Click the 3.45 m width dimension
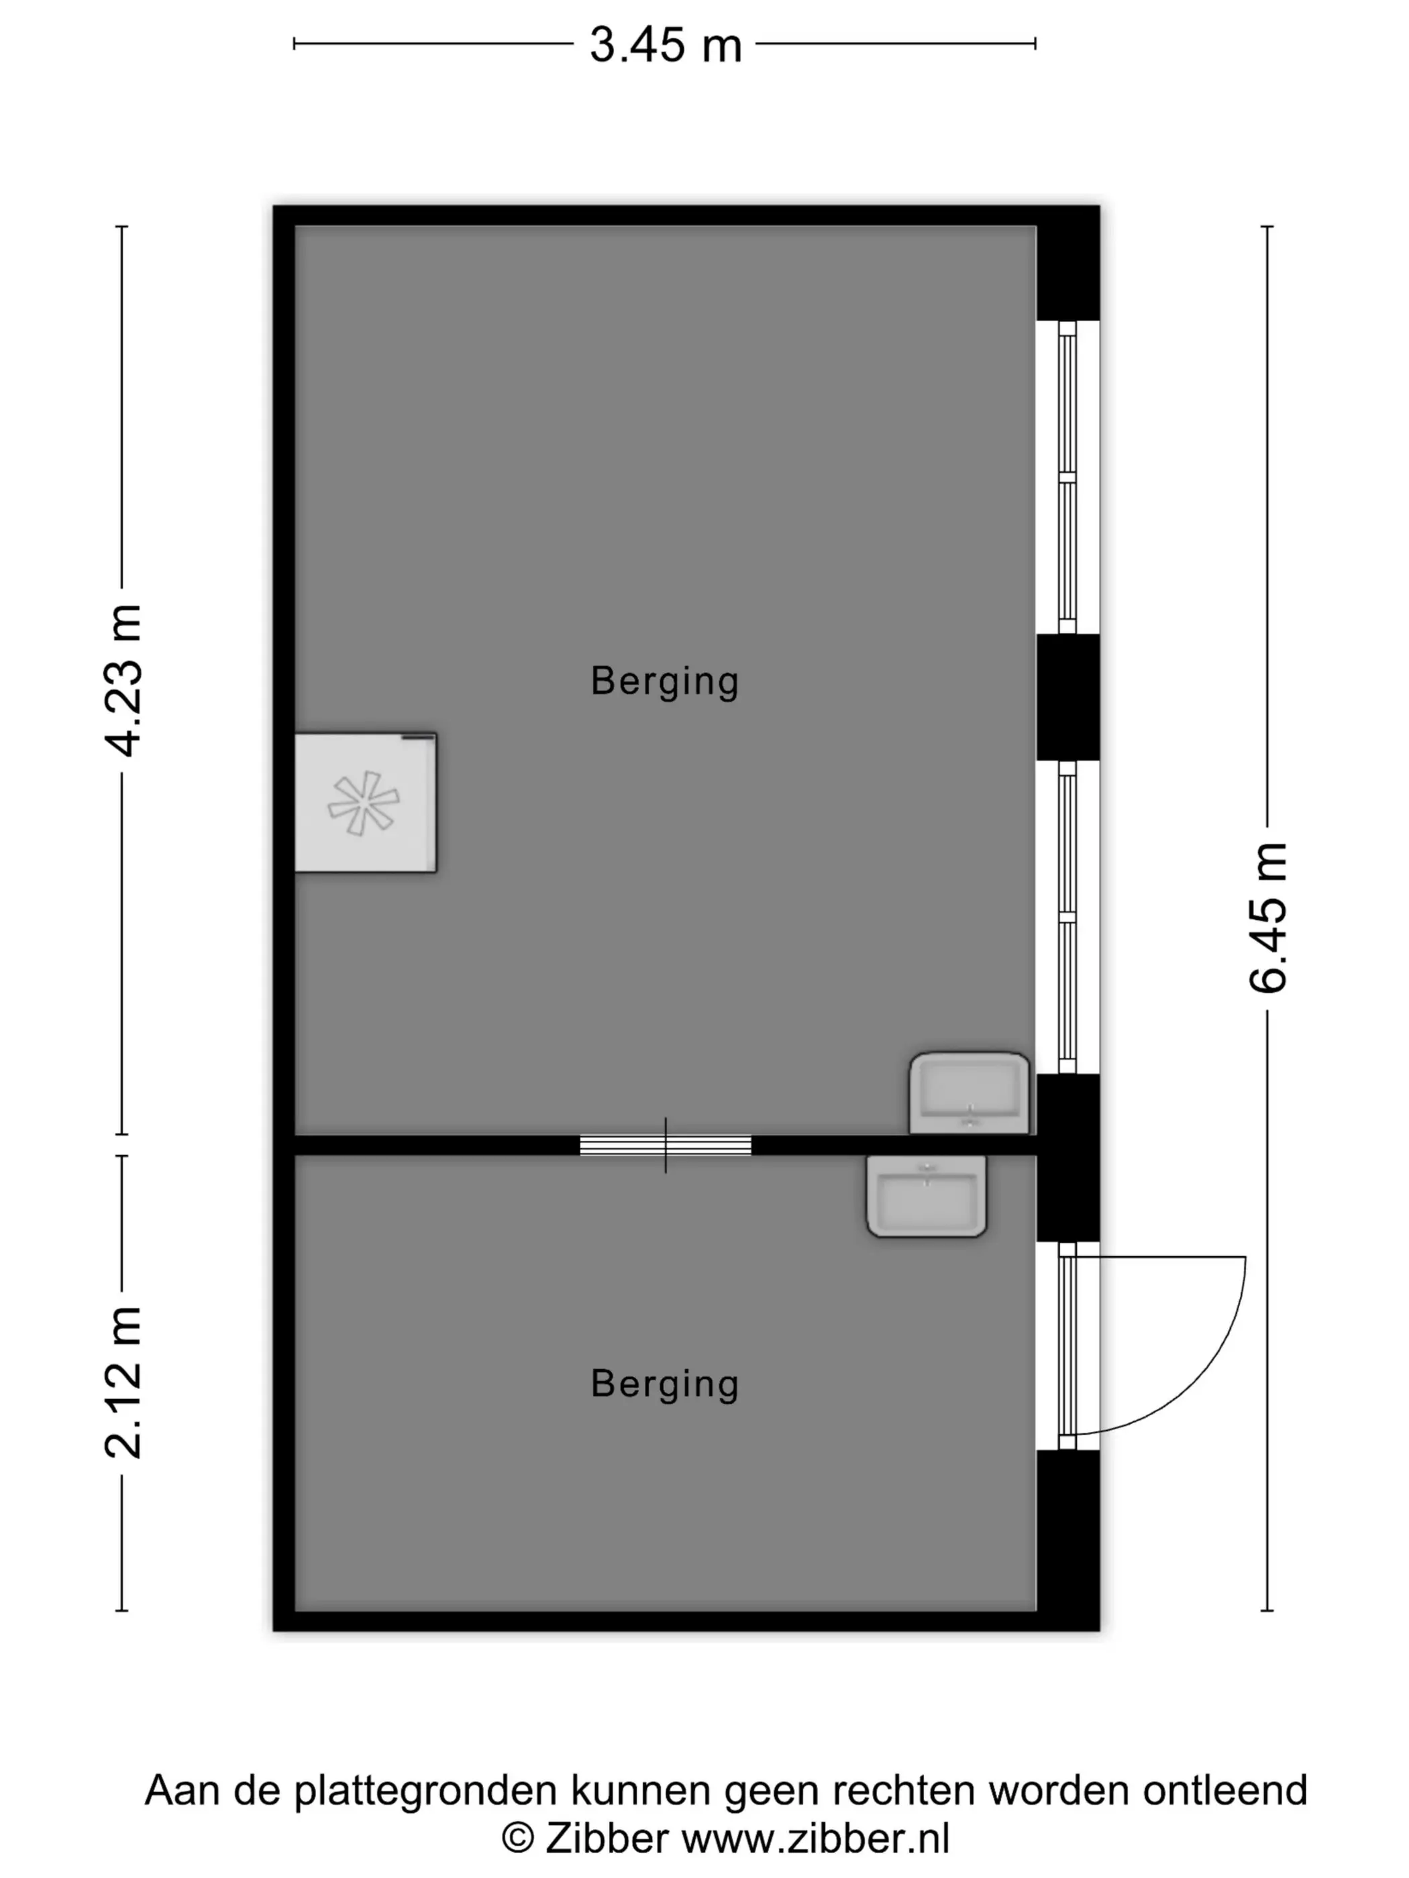click(666, 44)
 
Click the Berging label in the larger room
click(665, 681)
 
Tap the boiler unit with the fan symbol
click(365, 802)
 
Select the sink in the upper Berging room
click(969, 1093)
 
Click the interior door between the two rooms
click(666, 1146)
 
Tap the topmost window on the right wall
click(1067, 477)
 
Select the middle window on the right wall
click(1067, 918)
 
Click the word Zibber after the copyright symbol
click(607, 1839)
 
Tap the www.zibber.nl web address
click(815, 1839)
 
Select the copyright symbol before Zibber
click(518, 1839)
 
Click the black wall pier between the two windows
click(1068, 697)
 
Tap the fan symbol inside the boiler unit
click(364, 803)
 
